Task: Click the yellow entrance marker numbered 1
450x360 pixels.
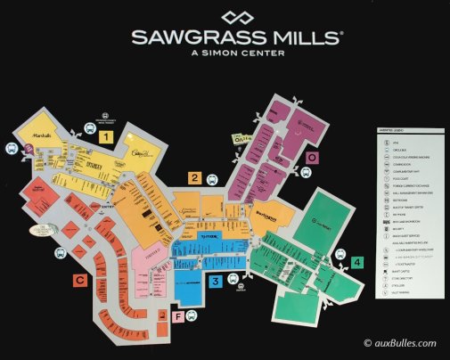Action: coord(106,137)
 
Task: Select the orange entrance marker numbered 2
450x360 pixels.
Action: coord(194,178)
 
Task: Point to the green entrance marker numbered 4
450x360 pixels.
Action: coord(357,262)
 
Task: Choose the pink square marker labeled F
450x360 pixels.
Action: coord(178,315)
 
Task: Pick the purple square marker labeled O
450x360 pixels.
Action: coord(312,158)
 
